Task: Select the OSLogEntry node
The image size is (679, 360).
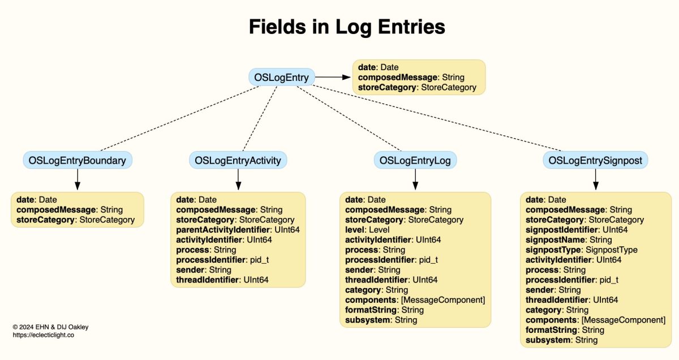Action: click(x=281, y=78)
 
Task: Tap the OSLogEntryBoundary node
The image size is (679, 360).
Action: click(x=78, y=160)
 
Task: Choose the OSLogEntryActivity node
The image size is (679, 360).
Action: click(x=238, y=160)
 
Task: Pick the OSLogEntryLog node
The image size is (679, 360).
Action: click(x=415, y=160)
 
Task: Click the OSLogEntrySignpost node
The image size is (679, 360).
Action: click(x=595, y=160)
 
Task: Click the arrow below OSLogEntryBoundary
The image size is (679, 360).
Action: click(x=78, y=179)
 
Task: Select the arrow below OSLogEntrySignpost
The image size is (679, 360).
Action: click(x=595, y=179)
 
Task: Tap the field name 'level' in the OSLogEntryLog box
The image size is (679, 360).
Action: click(x=355, y=230)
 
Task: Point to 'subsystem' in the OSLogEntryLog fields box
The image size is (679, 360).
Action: click(x=368, y=320)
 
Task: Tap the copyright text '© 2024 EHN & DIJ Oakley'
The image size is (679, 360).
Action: click(x=50, y=327)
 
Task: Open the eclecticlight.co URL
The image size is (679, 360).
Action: click(x=44, y=335)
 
